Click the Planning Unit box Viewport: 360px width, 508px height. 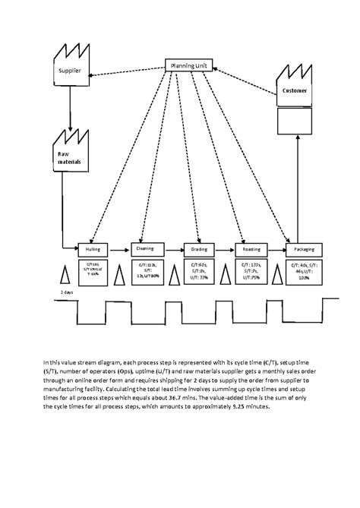(x=191, y=65)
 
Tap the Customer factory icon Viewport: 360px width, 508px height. (x=295, y=87)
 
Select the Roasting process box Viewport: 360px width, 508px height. (x=251, y=248)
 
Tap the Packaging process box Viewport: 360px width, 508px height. (x=304, y=248)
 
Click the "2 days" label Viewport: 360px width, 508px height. (x=67, y=292)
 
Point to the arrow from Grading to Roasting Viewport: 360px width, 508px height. (x=224, y=248)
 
